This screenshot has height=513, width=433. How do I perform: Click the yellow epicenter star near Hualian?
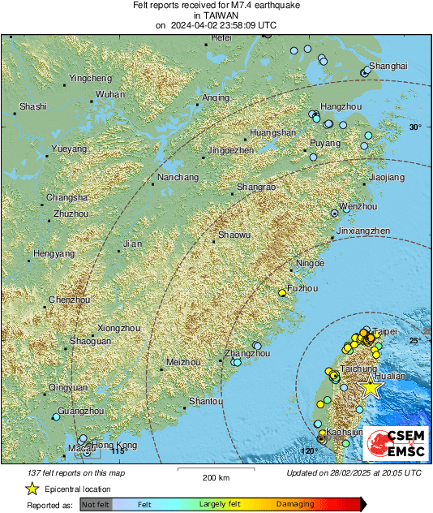pos(371,387)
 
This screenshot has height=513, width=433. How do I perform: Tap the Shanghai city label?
pos(388,66)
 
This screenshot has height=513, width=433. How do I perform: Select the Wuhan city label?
pos(110,95)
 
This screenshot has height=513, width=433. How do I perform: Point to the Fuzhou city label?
pos(302,288)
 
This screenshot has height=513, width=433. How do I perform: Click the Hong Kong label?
pos(114,445)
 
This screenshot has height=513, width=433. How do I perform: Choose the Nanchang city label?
pos(178,177)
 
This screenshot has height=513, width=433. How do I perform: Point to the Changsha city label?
pos(66,198)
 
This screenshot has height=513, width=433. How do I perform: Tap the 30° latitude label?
pos(415,127)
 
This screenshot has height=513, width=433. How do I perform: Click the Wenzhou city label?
pos(358,207)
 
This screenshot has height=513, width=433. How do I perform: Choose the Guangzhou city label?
pos(81,412)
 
